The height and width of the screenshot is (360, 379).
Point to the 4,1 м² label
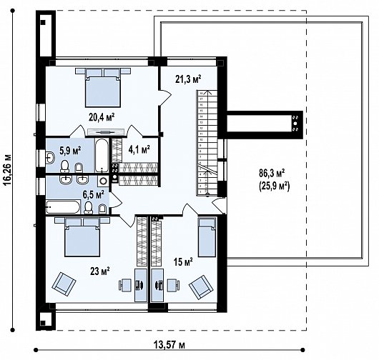[x=138, y=149]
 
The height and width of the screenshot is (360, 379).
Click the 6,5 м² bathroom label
[x=94, y=193]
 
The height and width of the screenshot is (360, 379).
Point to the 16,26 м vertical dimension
[x=8, y=179]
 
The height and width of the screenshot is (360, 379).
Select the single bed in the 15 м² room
[x=207, y=236]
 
